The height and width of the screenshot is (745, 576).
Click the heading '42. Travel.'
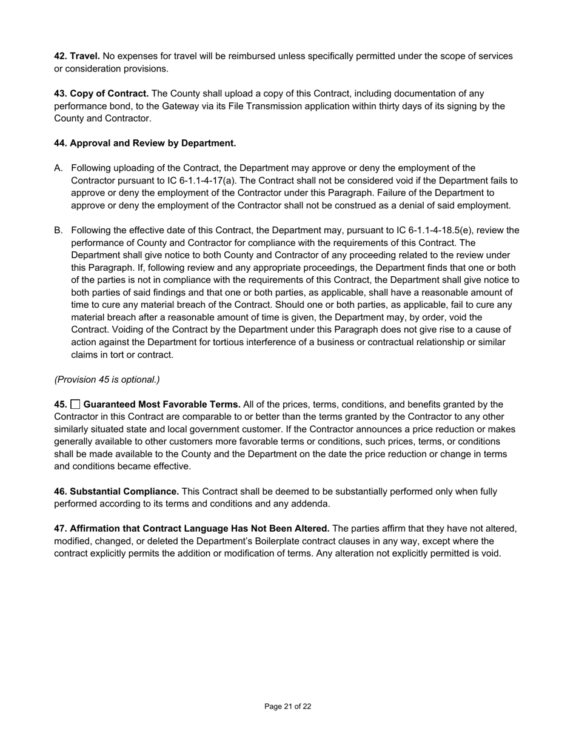click(x=77, y=56)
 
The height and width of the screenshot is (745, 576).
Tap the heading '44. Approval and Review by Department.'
click(x=145, y=143)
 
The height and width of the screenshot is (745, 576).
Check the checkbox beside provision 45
click(x=76, y=404)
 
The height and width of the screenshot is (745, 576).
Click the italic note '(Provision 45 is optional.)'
click(x=107, y=379)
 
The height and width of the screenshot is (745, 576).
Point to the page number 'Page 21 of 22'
click(x=287, y=706)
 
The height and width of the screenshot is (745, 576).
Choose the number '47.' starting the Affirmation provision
click(x=61, y=528)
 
